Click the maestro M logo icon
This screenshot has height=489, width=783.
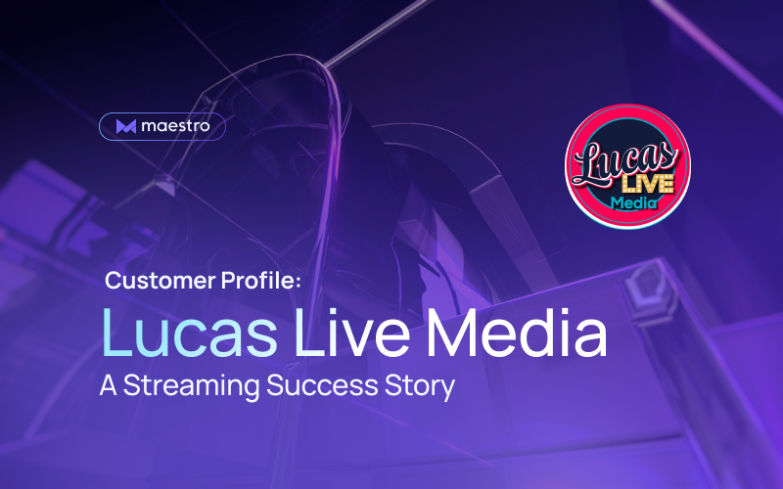coord(126,127)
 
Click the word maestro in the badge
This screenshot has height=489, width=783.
coord(176,126)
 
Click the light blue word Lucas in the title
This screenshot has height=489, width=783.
coord(189,333)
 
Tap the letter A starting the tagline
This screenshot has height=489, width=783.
coord(108,385)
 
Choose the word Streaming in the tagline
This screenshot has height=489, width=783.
coord(191,386)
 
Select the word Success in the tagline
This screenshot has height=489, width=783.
coord(322,385)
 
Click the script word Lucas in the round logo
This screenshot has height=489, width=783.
coord(625,161)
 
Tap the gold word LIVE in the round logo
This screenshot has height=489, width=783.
coord(648,184)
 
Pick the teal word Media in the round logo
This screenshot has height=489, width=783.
coord(633,202)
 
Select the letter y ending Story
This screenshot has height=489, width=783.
coord(447,390)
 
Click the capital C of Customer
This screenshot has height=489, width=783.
coord(114,281)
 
